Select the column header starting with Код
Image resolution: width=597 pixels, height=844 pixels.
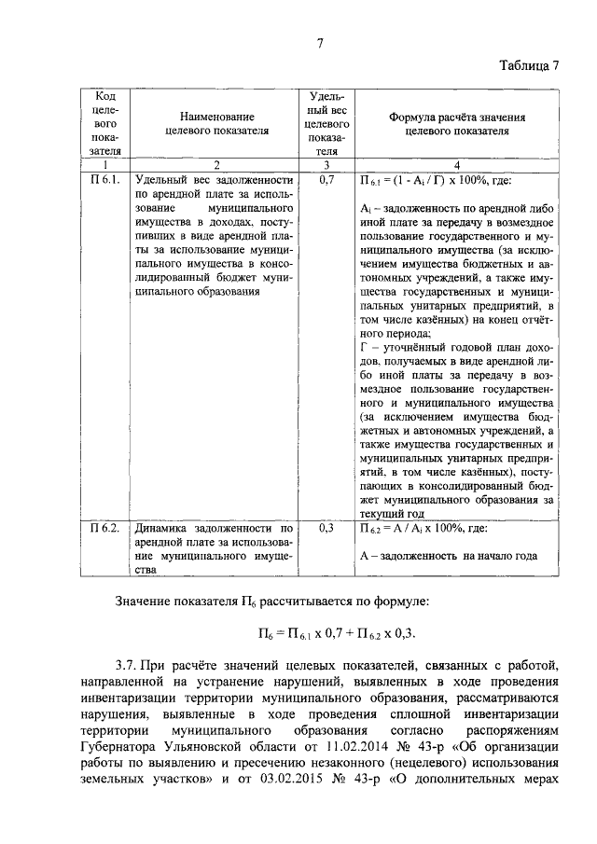point(105,123)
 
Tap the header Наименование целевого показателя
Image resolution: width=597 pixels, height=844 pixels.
point(215,124)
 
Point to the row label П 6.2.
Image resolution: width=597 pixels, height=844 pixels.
point(105,528)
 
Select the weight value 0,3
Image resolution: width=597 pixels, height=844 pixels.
point(326,528)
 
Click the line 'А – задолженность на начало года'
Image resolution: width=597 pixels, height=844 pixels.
point(448,556)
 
